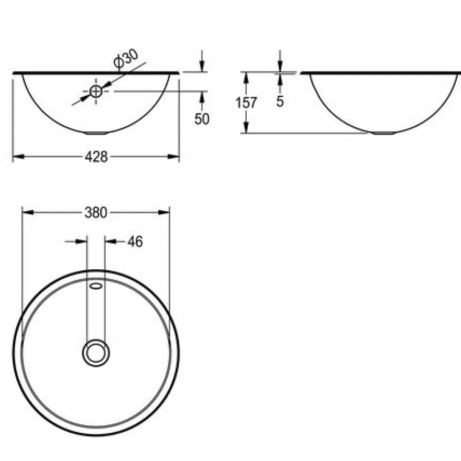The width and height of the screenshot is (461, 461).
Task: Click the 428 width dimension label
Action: tap(96, 157)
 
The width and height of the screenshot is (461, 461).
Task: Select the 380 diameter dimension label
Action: tap(96, 213)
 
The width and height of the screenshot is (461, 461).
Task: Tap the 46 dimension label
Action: tap(135, 242)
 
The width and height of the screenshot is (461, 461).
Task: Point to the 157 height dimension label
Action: tap(246, 103)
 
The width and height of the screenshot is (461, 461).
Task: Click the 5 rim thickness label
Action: tap(280, 102)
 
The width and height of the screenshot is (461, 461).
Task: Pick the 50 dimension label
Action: tap(202, 119)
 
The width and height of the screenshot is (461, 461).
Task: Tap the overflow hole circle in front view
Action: tap(95, 92)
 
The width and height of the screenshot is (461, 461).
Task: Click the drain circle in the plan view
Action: tap(96, 353)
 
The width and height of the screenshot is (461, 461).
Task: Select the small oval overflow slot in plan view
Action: tap(96, 286)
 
